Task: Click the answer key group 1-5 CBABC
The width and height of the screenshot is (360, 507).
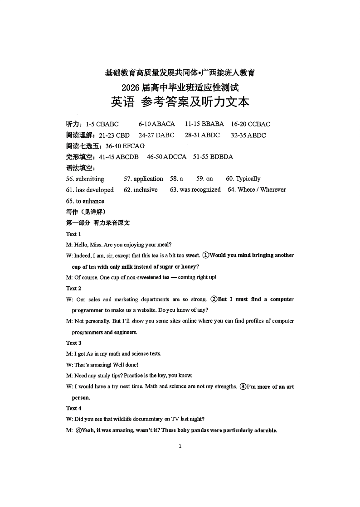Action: click(x=102, y=124)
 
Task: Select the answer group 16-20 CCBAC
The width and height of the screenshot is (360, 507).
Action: click(x=250, y=124)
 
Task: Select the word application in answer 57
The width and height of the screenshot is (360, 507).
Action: click(x=148, y=179)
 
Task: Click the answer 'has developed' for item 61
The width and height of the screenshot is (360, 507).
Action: click(x=95, y=190)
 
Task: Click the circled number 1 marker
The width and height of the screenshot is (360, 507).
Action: click(x=205, y=256)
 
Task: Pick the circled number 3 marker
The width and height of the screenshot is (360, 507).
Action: click(x=243, y=387)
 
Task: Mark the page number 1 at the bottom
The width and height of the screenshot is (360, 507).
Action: click(x=180, y=446)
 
